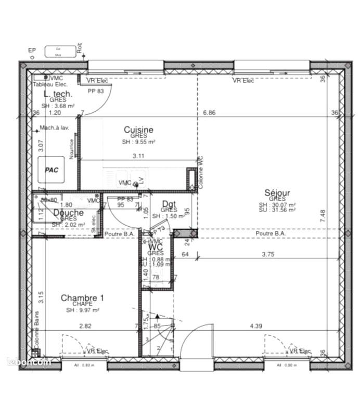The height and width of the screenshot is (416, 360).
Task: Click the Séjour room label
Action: point(277,193)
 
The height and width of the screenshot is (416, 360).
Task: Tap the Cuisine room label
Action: point(138,129)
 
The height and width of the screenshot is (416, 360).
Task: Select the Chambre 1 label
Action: point(82,298)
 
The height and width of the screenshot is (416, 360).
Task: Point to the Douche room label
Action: point(68,213)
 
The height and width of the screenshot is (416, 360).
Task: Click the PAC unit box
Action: point(51,170)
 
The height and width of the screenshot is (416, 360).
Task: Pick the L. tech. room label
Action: point(58,94)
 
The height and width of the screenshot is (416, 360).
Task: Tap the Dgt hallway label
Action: point(169,204)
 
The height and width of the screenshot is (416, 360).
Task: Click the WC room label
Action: point(156,246)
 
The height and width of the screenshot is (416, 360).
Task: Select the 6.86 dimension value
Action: point(209,112)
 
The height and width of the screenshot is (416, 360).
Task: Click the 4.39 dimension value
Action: point(255,326)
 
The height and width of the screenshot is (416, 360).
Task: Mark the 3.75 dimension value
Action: point(267,254)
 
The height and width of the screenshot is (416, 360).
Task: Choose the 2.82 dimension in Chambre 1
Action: point(85,326)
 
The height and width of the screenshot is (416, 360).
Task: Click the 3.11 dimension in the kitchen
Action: point(138,155)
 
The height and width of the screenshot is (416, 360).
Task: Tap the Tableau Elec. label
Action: point(50,84)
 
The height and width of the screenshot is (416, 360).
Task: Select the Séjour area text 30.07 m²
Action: point(277,205)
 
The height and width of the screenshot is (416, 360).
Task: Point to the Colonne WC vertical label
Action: point(200,172)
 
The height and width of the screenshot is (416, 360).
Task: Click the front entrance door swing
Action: point(199,340)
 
